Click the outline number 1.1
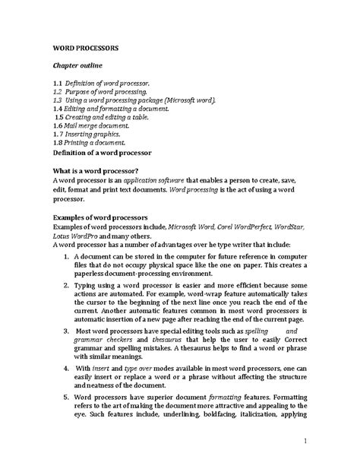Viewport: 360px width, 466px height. tap(58, 81)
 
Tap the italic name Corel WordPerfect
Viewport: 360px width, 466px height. tap(232, 227)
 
